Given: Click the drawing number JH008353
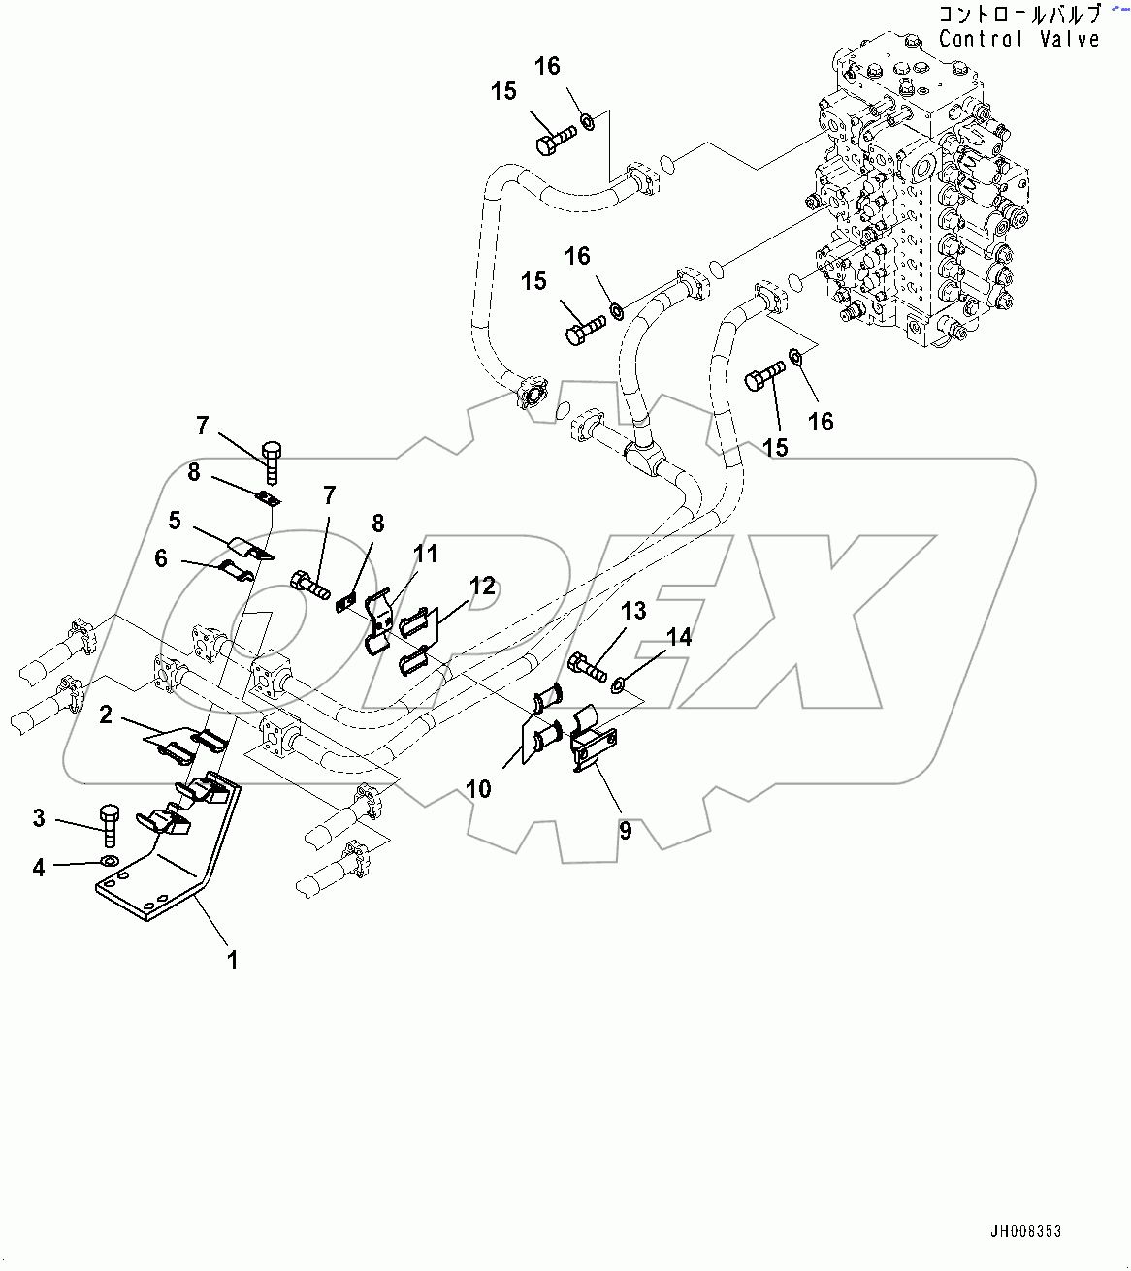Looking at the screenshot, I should pos(1025,1232).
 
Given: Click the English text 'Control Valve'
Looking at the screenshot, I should pos(1018,39).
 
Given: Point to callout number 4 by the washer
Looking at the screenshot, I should pos(39,867).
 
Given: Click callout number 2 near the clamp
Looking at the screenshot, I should pos(106,715).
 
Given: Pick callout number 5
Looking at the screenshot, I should pos(175,521).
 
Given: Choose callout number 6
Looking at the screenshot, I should pos(161,558).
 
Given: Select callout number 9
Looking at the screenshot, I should pos(626,830).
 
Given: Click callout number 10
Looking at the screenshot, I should pos(479,788).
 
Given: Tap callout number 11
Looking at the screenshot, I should pos(426,554).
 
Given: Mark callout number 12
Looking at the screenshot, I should pos(482,586).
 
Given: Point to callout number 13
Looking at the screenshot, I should pos(633,611).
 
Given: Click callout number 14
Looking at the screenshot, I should pos(680,636).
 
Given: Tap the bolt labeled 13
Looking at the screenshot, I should pos(587,666).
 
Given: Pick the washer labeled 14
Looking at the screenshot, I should pos(619,687).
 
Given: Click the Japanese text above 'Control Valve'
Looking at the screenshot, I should pos(1018,15).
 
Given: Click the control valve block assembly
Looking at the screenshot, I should pos(917,194).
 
